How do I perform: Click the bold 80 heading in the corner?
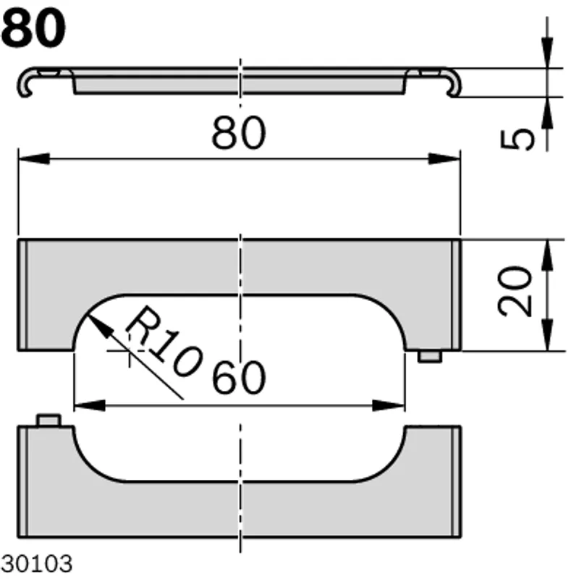pyautogui.click(x=33, y=28)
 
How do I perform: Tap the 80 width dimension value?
pyautogui.click(x=239, y=133)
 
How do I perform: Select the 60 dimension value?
pyautogui.click(x=239, y=377)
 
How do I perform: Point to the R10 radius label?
pyautogui.click(x=164, y=342)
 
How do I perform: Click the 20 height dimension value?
pyautogui.click(x=515, y=292)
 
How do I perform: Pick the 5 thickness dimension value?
pyautogui.click(x=517, y=139)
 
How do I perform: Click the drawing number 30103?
pyautogui.click(x=37, y=564)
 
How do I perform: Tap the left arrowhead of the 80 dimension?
pyautogui.click(x=34, y=159)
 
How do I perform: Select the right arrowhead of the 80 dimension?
pyautogui.click(x=444, y=159)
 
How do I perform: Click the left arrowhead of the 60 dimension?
pyautogui.click(x=90, y=405)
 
